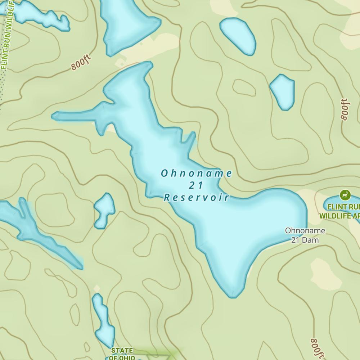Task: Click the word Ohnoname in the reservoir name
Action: click(x=197, y=174)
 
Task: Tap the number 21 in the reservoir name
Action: click(x=197, y=185)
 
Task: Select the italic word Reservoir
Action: click(x=197, y=197)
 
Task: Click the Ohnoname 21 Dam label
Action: click(x=305, y=235)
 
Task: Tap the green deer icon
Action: click(x=345, y=195)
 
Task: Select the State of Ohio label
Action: click(x=122, y=354)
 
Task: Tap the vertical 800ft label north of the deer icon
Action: click(x=345, y=109)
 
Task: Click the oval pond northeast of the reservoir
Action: click(x=238, y=36)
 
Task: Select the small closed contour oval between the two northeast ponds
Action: click(x=244, y=87)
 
